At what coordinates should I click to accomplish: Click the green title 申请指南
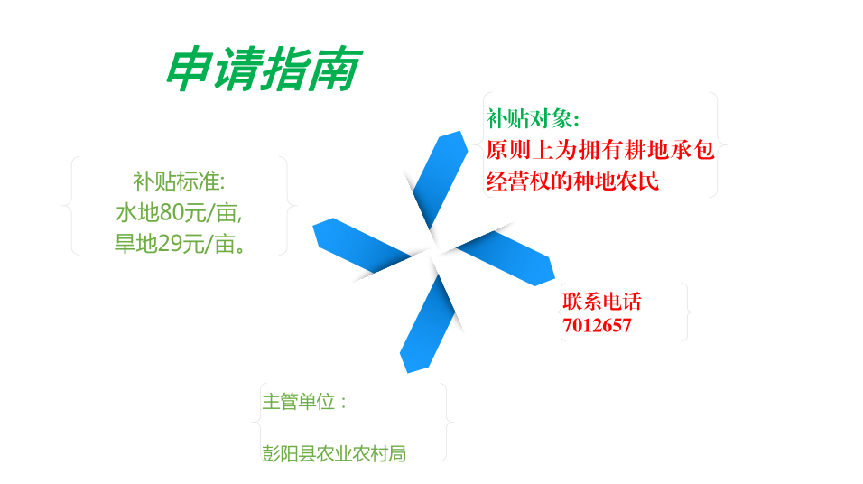[264, 69]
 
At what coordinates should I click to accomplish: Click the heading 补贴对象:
[533, 118]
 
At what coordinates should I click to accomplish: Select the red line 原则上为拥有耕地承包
[600, 149]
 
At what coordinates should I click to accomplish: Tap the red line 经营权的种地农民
[572, 181]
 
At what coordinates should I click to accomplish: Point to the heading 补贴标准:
[179, 181]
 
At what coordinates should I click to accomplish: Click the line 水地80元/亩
[179, 212]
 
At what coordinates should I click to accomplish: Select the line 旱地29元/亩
[180, 244]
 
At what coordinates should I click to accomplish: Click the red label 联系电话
[601, 302]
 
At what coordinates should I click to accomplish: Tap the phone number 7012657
[597, 325]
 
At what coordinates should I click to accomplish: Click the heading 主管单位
[304, 402]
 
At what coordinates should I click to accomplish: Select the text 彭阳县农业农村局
[334, 453]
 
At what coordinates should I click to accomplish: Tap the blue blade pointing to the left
[362, 245]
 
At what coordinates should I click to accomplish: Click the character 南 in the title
[335, 69]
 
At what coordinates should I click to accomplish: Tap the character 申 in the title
[190, 69]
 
